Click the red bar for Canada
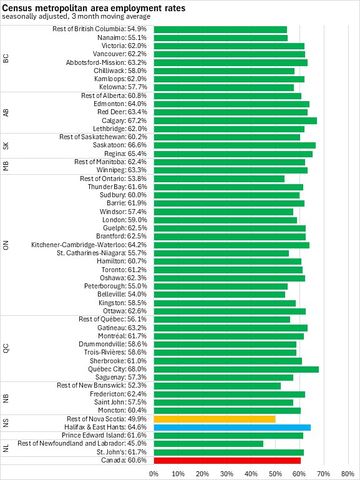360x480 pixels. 227,461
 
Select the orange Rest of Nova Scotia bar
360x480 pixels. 215,419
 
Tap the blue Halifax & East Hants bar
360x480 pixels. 232,428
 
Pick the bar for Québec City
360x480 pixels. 236,369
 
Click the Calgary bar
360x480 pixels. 235,120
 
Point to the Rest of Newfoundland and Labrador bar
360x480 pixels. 208,444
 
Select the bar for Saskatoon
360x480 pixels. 235,145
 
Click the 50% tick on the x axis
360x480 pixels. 275,474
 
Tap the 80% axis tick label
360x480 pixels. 348,474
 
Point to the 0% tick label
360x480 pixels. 154,474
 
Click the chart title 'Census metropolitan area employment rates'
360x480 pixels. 94,7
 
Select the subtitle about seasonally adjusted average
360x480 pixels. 76,16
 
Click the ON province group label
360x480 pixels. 6,245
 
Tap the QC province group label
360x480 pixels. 6,348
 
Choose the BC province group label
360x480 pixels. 6,59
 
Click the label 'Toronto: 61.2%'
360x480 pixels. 124,270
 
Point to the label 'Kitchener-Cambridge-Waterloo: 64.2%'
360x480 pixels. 89,245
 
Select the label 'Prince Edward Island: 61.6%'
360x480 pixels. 104,435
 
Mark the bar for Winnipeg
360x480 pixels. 231,170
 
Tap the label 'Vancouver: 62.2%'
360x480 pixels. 120,54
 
